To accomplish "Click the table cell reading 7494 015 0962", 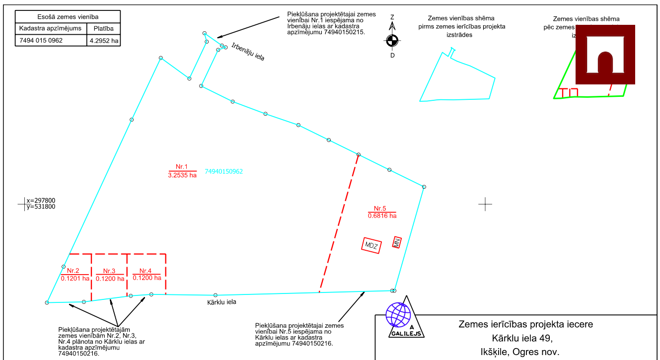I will click(x=41, y=41).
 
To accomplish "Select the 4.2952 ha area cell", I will click(x=104, y=41).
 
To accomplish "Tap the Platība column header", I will click(x=103, y=28).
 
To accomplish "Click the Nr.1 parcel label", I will click(x=182, y=167).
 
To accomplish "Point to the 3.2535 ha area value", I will click(x=183, y=175).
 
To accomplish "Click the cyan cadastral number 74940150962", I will click(x=223, y=171).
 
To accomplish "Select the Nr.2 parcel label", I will click(x=73, y=271).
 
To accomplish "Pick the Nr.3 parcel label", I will click(x=109, y=271).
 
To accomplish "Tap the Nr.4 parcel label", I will click(x=146, y=271).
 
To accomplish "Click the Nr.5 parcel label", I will click(x=381, y=209).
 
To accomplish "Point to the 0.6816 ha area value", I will click(x=382, y=216).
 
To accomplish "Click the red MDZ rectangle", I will click(x=371, y=245).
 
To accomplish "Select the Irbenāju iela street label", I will click(x=248, y=54).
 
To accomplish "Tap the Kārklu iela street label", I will click(x=221, y=301).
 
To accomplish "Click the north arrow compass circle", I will click(x=392, y=41).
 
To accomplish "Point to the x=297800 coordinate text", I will click(x=41, y=201).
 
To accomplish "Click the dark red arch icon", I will click(x=605, y=54).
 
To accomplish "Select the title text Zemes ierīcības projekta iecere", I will click(x=525, y=325).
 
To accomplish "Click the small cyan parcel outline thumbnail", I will click(x=457, y=76).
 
